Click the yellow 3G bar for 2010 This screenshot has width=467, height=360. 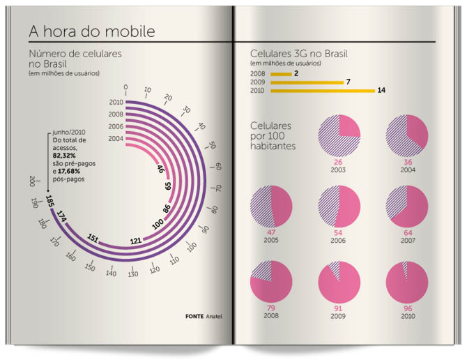321,91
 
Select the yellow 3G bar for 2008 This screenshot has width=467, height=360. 280,73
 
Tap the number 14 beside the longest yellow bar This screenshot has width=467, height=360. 381,91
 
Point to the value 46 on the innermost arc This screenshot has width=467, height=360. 160,168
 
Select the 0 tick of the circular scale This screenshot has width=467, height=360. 125,87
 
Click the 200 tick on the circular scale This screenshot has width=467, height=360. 32,181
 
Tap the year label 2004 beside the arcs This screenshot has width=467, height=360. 116,138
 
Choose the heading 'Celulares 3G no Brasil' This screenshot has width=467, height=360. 299,54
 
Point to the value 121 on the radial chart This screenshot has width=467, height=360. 135,241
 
